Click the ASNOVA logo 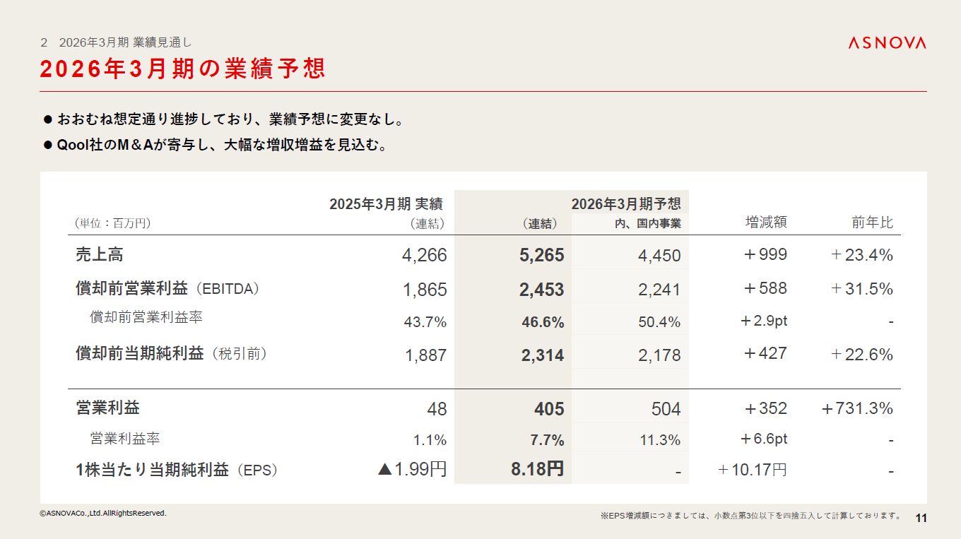tap(887, 43)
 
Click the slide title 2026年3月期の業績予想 tap(183, 69)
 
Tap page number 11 tap(921, 518)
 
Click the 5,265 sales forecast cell tap(541, 255)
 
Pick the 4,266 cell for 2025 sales tap(424, 255)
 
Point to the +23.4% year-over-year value tap(862, 255)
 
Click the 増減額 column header tap(766, 223)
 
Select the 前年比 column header tap(872, 223)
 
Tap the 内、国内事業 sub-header tap(647, 224)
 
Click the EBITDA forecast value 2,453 tap(541, 290)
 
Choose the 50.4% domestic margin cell tap(659, 323)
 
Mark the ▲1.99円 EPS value tap(413, 469)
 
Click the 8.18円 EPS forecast tap(537, 469)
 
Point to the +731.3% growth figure tap(857, 408)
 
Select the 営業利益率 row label tap(125, 439)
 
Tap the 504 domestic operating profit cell tap(666, 409)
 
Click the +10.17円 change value tap(752, 470)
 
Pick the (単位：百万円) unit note tap(113, 223)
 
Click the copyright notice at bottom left tap(103, 513)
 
